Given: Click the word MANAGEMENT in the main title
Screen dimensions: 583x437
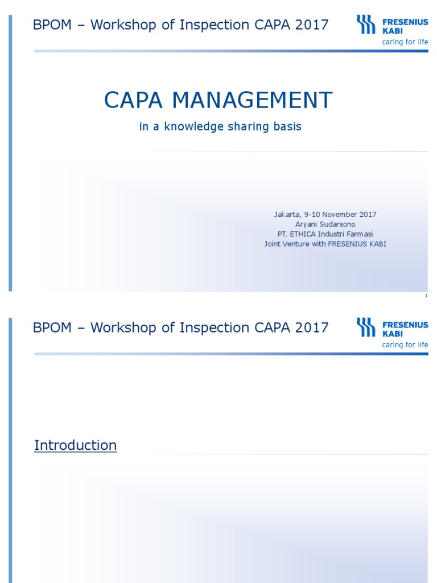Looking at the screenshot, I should click(x=252, y=101).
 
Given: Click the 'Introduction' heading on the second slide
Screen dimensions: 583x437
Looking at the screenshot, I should click(x=75, y=445).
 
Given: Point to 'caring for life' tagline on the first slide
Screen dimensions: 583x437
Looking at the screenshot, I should click(x=405, y=42).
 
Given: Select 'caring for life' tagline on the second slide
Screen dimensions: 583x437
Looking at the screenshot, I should click(x=405, y=345).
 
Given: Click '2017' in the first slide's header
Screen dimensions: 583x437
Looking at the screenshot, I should click(x=312, y=25).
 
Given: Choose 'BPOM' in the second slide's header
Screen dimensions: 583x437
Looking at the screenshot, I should click(x=52, y=328).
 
